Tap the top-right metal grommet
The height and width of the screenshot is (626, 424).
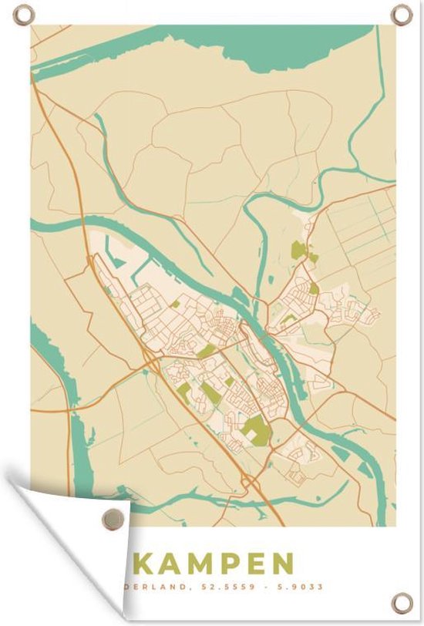(x=401, y=14)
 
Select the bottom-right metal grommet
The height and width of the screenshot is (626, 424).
(x=401, y=602)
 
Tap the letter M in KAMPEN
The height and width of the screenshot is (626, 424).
(x=204, y=563)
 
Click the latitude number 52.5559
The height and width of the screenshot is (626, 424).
(x=224, y=587)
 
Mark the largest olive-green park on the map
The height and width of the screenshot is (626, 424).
(x=256, y=430)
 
